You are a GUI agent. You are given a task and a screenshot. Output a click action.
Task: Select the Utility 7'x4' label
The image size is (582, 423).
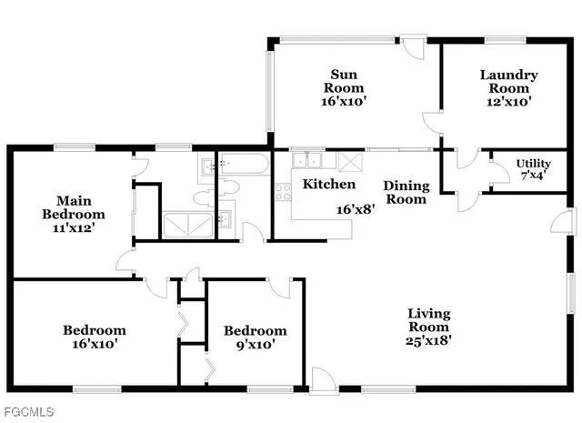click(534, 168)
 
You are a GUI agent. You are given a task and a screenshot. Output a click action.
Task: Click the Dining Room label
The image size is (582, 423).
click(406, 192)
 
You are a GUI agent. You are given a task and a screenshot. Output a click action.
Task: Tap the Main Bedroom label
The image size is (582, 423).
click(81, 214)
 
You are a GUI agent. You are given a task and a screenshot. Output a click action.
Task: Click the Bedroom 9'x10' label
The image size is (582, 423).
click(256, 337)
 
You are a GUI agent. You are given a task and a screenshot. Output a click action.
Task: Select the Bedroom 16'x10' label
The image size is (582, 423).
click(94, 337)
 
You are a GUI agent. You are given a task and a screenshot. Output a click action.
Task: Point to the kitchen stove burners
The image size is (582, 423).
click(281, 193)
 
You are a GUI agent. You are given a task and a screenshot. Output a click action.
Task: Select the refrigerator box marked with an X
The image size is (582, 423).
click(349, 161)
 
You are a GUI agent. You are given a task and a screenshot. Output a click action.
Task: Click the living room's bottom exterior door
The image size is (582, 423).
click(321, 379)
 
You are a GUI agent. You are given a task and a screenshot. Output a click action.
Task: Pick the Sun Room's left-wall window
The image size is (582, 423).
click(268, 91)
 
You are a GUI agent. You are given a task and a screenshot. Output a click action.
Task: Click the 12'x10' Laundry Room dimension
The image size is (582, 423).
click(508, 102)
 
